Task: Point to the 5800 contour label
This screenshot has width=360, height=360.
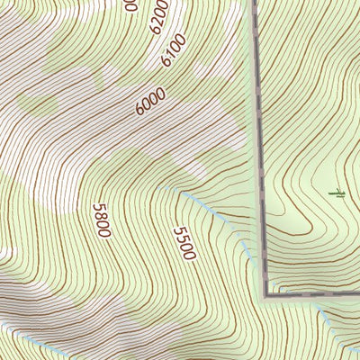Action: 101,220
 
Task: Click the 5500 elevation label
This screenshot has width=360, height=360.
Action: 183,242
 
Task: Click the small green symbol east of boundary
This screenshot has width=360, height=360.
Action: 337,193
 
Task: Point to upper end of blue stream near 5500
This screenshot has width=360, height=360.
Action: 180,192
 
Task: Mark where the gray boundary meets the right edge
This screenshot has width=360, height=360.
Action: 358,292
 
